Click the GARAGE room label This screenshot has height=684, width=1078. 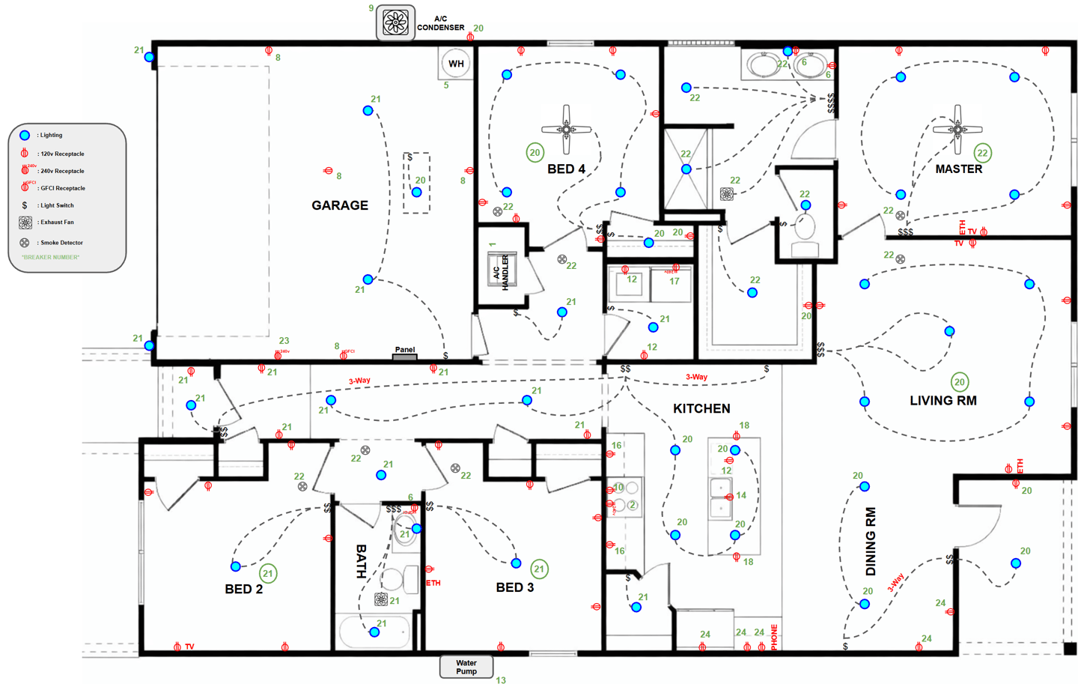pos(340,205)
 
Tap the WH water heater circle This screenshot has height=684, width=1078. pos(456,64)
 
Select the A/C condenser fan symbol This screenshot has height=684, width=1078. pos(395,22)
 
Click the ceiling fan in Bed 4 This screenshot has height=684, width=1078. pos(567,129)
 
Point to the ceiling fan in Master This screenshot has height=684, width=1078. pos(957,129)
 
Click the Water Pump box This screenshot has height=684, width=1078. pos(466,667)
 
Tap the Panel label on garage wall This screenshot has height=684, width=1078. pos(405,350)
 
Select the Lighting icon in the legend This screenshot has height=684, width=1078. pos(25,136)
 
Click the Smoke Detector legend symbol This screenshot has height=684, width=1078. pos(25,243)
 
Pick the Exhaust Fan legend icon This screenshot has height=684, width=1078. pos(25,223)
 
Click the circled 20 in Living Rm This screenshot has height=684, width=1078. pos(960,382)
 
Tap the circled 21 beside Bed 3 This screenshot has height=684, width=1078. pos(539,569)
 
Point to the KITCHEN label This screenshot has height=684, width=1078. pos(701,408)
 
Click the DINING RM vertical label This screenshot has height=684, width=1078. pos(871,542)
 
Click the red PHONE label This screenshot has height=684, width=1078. pos(774,637)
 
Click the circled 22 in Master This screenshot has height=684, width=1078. pos(983,153)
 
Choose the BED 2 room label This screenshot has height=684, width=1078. pos(244,589)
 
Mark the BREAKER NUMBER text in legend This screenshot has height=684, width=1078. pos(50,258)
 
